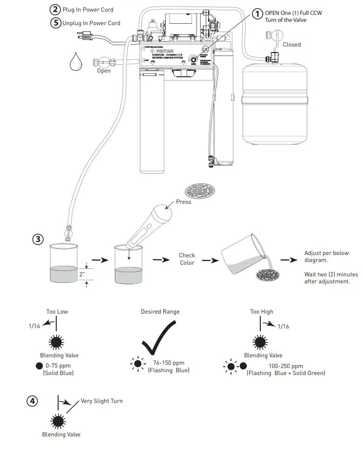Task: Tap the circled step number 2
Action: pos(55,9)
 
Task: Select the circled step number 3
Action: pos(38,239)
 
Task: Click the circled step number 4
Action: pos(32,401)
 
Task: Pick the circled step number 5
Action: pos(55,23)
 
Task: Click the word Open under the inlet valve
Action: pos(104,71)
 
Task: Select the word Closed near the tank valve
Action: pos(292,45)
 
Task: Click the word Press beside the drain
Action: pos(183,202)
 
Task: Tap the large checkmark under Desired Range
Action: pos(160,342)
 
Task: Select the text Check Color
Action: pos(187,259)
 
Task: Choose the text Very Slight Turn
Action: pos(101,401)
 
